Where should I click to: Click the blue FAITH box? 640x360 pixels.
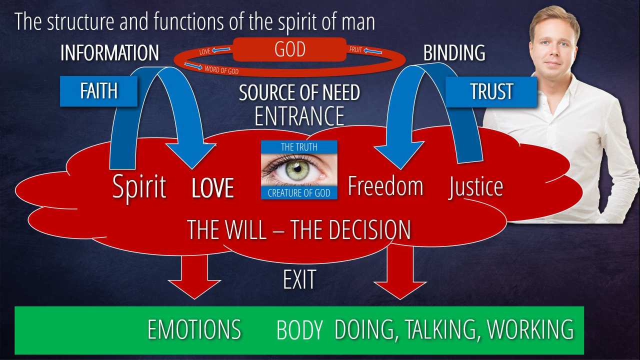tap(98, 91)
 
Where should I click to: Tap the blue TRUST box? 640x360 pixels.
tap(491, 91)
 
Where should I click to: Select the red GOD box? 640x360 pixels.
tap(289, 49)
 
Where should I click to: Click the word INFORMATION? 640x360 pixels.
tap(109, 53)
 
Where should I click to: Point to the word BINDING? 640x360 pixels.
tap(454, 53)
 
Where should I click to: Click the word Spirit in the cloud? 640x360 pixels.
tap(139, 187)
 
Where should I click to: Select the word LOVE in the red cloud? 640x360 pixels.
tap(213, 188)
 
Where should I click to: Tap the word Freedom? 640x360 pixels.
tap(385, 186)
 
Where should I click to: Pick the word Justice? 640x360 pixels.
tap(475, 187)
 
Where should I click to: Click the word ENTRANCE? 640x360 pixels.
tap(299, 116)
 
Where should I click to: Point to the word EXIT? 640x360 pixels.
tap(299, 280)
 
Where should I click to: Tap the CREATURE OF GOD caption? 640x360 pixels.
tap(299, 193)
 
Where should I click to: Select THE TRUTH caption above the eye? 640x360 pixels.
tap(299, 146)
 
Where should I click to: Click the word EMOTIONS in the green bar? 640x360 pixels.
tap(194, 330)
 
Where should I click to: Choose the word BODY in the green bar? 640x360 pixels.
tap(299, 330)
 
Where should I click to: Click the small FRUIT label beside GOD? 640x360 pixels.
tap(356, 50)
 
